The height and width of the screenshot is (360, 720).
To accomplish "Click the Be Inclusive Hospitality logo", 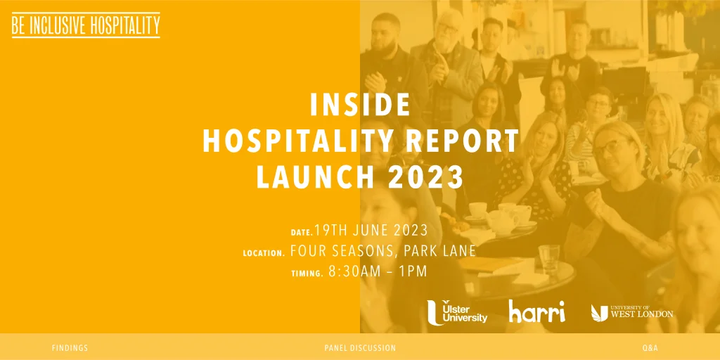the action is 86,25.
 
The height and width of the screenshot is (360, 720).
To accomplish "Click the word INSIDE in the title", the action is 360,105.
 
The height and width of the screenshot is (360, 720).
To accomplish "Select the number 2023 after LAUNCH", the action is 425,178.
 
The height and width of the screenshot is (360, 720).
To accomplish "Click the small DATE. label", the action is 302,233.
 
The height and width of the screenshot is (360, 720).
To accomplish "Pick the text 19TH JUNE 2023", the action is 371,230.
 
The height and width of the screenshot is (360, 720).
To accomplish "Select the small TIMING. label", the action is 308,274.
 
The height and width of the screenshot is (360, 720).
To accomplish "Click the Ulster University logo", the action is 457,312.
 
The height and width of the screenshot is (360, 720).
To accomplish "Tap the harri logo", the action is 536,311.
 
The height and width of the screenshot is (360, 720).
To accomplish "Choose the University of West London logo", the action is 632,313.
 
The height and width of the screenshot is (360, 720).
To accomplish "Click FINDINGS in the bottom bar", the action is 70,348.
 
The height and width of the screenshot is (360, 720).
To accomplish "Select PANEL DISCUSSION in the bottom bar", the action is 360,348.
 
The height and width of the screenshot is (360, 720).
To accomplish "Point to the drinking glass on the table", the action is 548,259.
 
